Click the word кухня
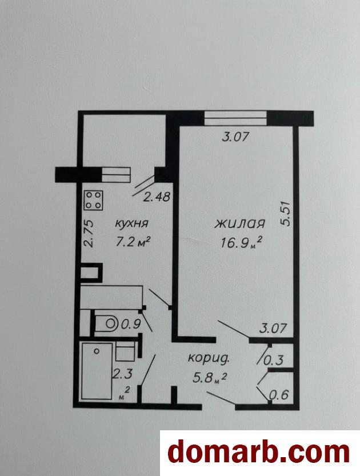[131, 223]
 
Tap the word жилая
[240, 224]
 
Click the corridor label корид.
[209, 358]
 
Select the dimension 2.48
[157, 198]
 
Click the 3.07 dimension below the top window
[235, 137]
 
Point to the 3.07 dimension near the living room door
[273, 329]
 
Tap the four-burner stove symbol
[93, 200]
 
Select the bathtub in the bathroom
[97, 371]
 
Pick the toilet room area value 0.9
[131, 325]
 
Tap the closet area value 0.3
[274, 361]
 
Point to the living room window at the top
[235, 118]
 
